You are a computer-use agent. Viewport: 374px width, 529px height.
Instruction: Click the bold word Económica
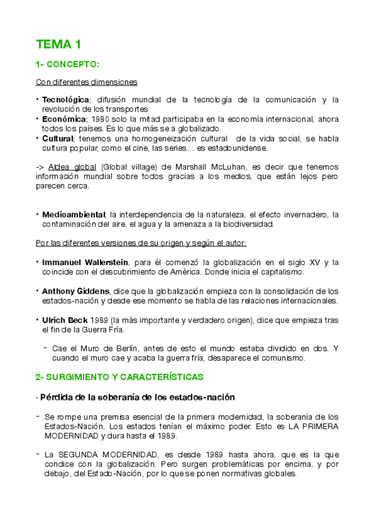(x=64, y=119)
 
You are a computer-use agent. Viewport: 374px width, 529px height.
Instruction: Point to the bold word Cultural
(x=57, y=138)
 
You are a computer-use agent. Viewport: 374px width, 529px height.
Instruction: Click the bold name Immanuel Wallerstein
(x=84, y=262)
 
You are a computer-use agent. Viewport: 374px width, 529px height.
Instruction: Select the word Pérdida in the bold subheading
(x=59, y=397)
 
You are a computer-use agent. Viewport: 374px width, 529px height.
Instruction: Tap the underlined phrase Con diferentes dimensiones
(x=86, y=82)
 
